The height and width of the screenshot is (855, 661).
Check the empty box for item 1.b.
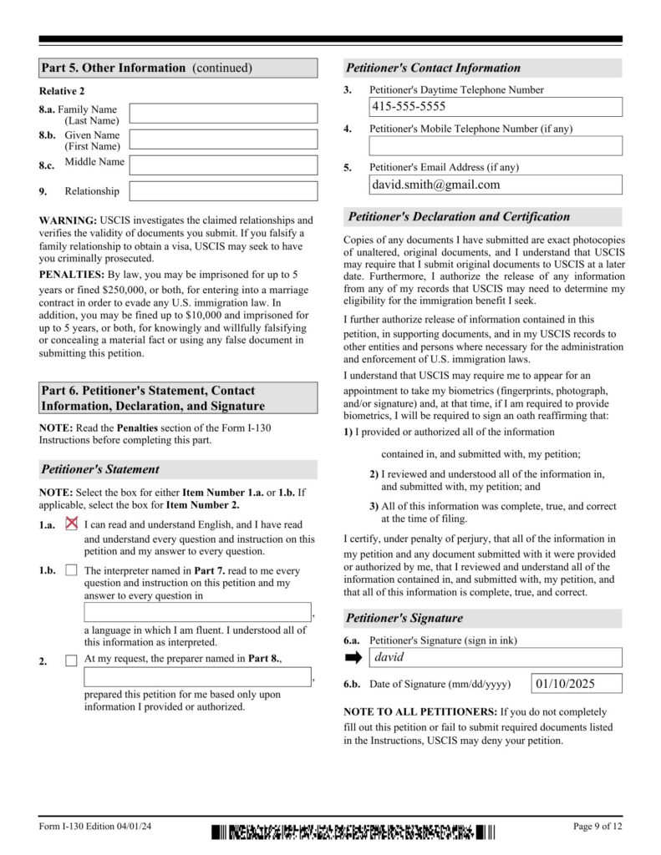[x=71, y=571]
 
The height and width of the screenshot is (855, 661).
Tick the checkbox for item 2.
[x=71, y=660]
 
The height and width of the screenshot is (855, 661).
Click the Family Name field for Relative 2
[x=223, y=114]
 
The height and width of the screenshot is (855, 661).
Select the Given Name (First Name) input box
[x=223, y=139]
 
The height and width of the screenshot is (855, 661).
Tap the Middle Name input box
[x=223, y=165]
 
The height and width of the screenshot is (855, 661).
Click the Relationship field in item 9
[x=223, y=191]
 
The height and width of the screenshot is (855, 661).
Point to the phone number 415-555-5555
[x=409, y=107]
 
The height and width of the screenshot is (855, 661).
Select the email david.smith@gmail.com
[x=435, y=185]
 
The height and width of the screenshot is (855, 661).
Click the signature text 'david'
[x=389, y=658]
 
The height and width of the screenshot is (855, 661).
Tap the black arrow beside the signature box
[x=353, y=658]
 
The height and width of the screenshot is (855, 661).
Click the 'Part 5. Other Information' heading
[x=146, y=68]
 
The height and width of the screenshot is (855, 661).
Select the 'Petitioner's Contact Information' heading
[x=434, y=68]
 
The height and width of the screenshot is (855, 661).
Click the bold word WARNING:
[x=68, y=220]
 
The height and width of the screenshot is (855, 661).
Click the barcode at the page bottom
[x=353, y=832]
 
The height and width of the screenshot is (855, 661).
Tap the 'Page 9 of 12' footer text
[x=597, y=827]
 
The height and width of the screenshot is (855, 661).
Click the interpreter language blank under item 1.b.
[x=198, y=612]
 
